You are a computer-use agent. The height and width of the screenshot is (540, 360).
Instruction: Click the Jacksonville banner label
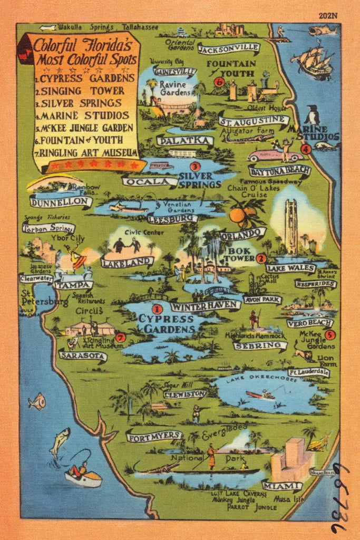coord(229,49)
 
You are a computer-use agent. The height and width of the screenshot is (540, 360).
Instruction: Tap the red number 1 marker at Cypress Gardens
coord(157,310)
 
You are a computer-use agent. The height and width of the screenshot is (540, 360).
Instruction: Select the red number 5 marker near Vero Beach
coord(330,334)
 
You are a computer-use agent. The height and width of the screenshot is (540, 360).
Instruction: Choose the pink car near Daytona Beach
coord(267,156)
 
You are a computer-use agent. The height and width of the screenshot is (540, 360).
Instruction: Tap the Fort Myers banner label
coord(154,436)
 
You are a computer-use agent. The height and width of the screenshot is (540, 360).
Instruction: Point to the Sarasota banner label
coord(83,356)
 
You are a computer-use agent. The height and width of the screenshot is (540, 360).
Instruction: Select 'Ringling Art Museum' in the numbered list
coord(86,153)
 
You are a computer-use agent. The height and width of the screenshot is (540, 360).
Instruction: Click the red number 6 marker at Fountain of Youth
coord(219,82)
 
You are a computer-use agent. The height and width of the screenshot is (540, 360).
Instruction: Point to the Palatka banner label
coord(185,141)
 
